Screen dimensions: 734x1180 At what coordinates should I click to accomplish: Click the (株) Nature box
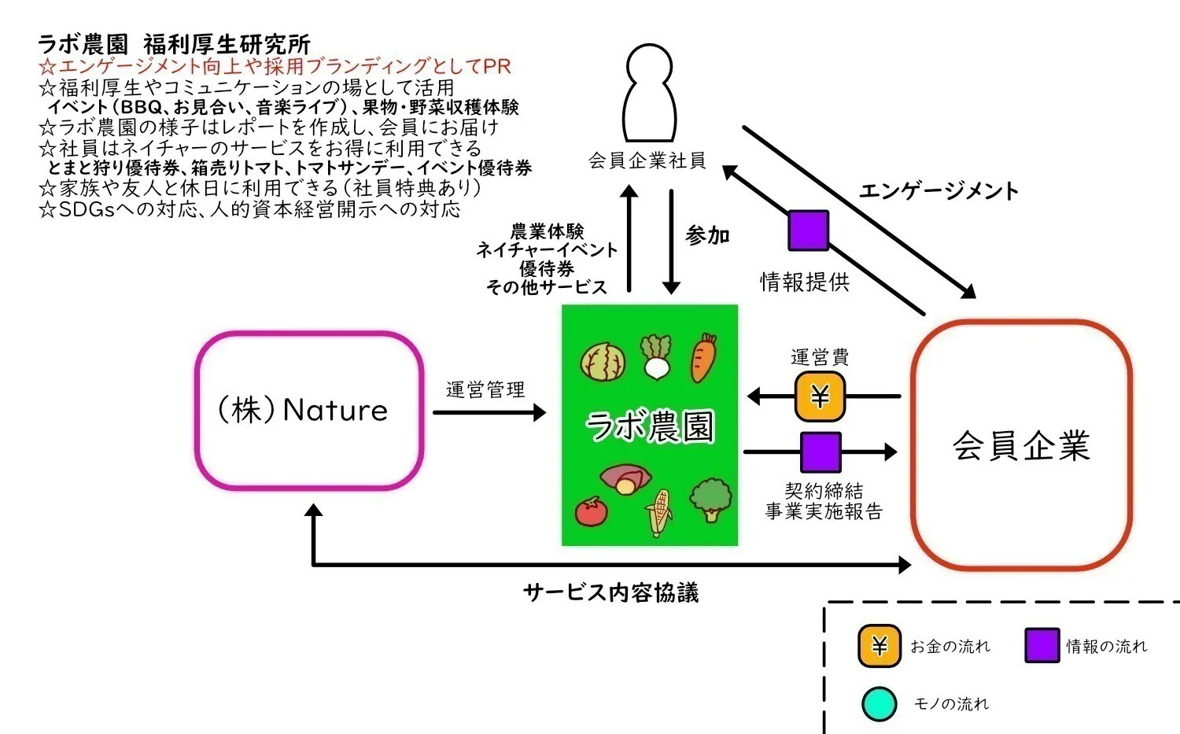coord(309,410)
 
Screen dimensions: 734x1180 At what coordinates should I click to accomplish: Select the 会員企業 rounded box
coord(1021,444)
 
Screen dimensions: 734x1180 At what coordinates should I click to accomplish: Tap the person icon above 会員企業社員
coord(649,93)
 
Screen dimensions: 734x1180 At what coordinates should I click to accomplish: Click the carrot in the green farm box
coord(703,357)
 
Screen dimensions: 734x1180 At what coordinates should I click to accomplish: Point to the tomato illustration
coord(591,511)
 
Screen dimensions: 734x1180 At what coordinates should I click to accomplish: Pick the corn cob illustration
coord(659,512)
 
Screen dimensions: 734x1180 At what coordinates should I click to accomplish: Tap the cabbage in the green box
coord(603,362)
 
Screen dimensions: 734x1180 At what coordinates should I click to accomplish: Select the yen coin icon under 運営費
coord(820,397)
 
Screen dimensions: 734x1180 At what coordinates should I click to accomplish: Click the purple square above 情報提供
coord(809,231)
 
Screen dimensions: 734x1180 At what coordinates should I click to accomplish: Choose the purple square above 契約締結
coord(820,452)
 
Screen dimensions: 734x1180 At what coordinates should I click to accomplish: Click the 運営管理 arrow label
coord(485,389)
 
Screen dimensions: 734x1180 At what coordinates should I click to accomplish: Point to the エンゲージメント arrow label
coord(938,191)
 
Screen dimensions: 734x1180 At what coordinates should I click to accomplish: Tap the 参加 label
coord(707,235)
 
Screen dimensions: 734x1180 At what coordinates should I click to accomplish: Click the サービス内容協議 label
coord(610,592)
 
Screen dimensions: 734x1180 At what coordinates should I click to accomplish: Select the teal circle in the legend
coord(879,704)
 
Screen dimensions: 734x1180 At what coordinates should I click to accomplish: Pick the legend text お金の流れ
coord(950,647)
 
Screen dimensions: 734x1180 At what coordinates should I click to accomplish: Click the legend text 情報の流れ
coord(1106,647)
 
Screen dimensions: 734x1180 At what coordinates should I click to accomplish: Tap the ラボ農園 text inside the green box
coord(650,426)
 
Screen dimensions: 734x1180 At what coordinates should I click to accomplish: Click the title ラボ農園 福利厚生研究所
coord(174,44)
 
